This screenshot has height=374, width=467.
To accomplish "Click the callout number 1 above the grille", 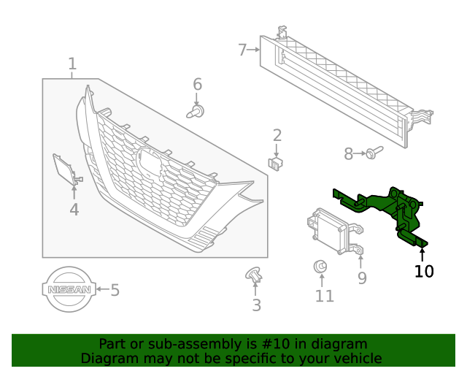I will [x=72, y=64].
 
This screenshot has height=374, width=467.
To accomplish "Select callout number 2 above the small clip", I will [x=277, y=134].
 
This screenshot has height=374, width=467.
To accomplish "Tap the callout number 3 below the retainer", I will [x=256, y=305].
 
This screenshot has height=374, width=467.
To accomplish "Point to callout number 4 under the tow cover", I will [x=74, y=210].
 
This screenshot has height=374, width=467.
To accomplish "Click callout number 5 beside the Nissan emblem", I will [x=115, y=290].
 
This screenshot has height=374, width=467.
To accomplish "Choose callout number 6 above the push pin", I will [x=197, y=85].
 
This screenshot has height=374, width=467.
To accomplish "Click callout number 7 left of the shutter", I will [x=242, y=50].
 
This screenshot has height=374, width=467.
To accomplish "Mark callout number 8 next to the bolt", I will [x=348, y=153].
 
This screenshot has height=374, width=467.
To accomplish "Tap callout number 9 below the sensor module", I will [x=362, y=278].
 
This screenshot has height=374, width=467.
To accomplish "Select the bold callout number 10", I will [x=424, y=272].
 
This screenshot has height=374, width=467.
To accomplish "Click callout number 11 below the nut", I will [x=324, y=296].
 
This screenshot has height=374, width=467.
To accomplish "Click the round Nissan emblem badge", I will [x=69, y=290].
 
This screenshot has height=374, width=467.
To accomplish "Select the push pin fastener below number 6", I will [x=196, y=112].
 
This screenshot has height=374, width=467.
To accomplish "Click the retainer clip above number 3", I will [x=254, y=275].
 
